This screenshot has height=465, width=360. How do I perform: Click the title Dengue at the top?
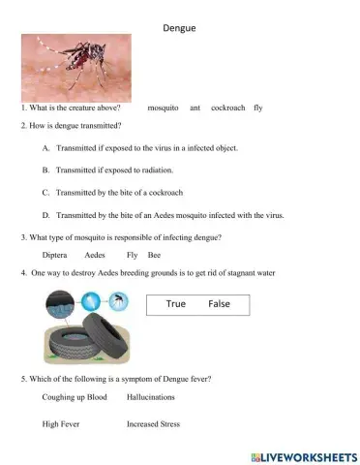pyautogui.click(x=181, y=29)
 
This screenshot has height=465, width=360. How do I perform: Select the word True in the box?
pyautogui.click(x=175, y=304)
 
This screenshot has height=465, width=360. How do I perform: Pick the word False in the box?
pyautogui.click(x=219, y=304)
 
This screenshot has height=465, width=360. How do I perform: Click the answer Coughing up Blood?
pyautogui.click(x=75, y=397)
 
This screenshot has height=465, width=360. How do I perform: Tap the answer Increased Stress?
pyautogui.click(x=153, y=424)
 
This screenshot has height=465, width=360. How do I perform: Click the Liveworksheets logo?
pyautogui.click(x=303, y=455)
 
